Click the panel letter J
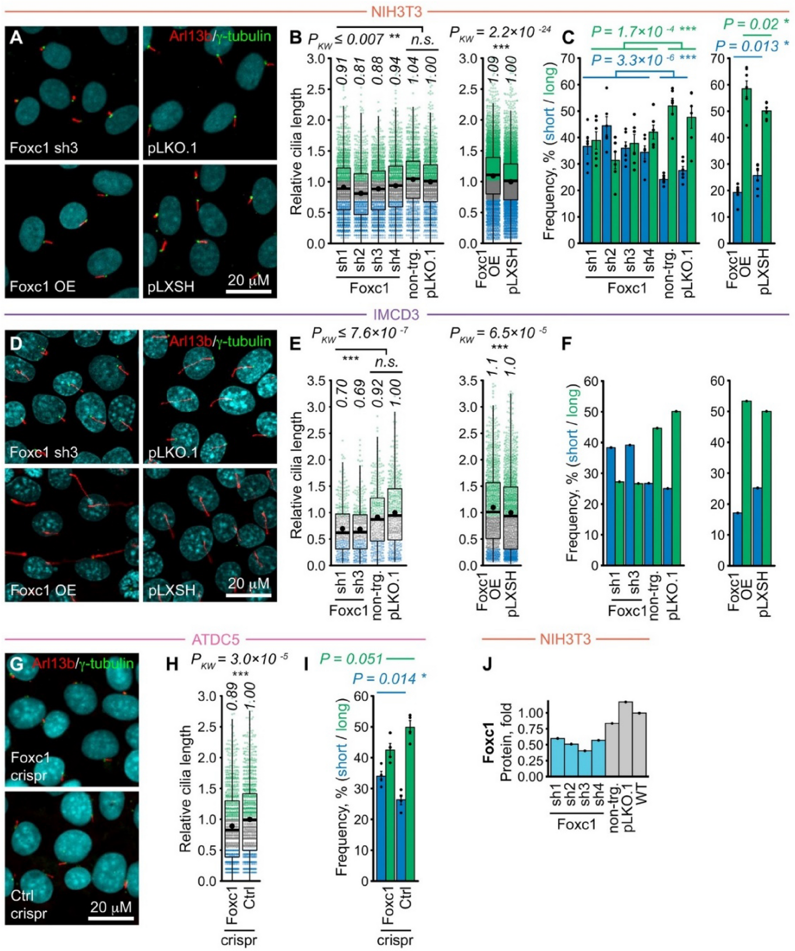point(489,666)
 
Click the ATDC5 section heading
point(215,639)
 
